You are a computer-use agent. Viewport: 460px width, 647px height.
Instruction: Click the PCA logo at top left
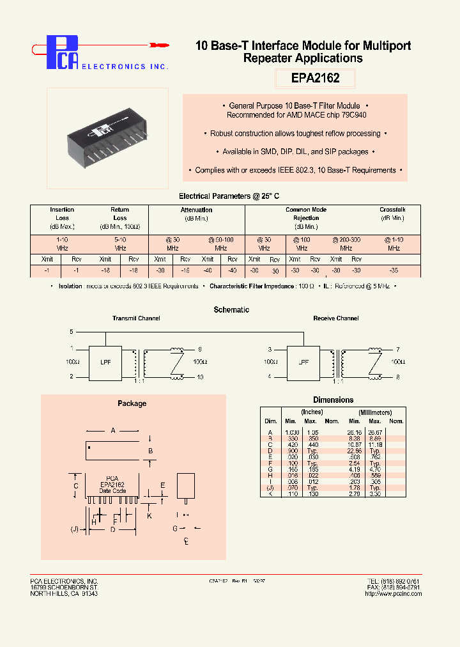64,52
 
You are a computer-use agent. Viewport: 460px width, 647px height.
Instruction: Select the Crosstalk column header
392,210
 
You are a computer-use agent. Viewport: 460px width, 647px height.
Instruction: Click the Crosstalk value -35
394,270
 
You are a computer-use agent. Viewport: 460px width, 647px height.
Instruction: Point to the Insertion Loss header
62,214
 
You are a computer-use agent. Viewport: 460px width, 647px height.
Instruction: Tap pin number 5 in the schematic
72,332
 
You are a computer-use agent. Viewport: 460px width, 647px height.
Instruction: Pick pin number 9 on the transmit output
200,349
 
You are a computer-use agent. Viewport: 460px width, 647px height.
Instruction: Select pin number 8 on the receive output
397,377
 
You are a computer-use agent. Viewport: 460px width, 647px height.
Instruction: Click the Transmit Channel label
136,318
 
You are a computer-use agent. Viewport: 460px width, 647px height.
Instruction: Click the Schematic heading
231,309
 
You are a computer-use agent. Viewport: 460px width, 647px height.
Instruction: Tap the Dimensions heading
333,400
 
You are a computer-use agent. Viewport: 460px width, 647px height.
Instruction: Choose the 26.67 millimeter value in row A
375,432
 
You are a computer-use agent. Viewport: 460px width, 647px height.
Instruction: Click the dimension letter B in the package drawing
150,451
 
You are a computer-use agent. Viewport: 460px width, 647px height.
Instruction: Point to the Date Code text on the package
112,491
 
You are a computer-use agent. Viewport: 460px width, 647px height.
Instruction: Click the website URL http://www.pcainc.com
393,594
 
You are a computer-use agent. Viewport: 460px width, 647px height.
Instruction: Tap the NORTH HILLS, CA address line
64,594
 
